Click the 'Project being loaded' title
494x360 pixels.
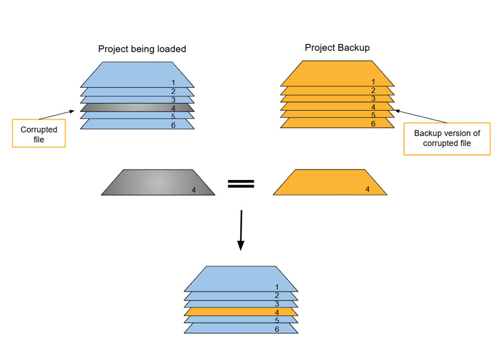click(x=142, y=49)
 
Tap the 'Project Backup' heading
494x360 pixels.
click(x=337, y=48)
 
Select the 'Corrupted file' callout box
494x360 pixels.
click(x=39, y=134)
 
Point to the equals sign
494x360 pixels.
click(x=241, y=184)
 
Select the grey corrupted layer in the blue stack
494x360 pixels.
click(x=137, y=108)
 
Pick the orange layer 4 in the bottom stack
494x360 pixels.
click(x=241, y=312)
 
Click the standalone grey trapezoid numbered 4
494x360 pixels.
click(x=156, y=182)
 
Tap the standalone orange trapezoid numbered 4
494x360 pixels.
click(x=330, y=182)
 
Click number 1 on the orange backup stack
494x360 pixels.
click(x=373, y=82)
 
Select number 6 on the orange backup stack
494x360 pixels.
click(x=373, y=124)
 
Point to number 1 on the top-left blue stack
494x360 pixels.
click(x=173, y=83)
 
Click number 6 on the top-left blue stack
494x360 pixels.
click(x=173, y=125)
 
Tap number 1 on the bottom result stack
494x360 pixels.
click(x=277, y=287)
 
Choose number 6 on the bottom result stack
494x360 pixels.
click(x=277, y=329)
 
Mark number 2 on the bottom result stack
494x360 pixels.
click(x=277, y=295)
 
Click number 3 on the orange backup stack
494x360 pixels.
click(x=373, y=99)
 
